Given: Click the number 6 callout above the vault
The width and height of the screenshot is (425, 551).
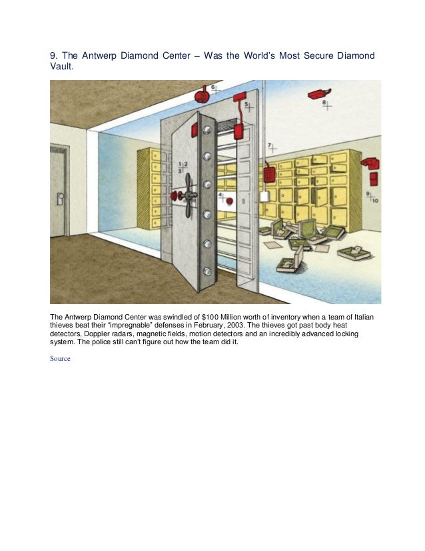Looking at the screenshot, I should (214, 88).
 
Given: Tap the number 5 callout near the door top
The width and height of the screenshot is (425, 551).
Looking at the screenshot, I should (246, 105).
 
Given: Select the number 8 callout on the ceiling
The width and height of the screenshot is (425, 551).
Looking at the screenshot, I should (325, 103).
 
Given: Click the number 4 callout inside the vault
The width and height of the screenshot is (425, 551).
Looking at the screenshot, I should (222, 196).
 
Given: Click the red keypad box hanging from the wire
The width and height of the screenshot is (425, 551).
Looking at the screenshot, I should (270, 173).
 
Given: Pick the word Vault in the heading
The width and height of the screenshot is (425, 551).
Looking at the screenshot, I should (61, 67).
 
